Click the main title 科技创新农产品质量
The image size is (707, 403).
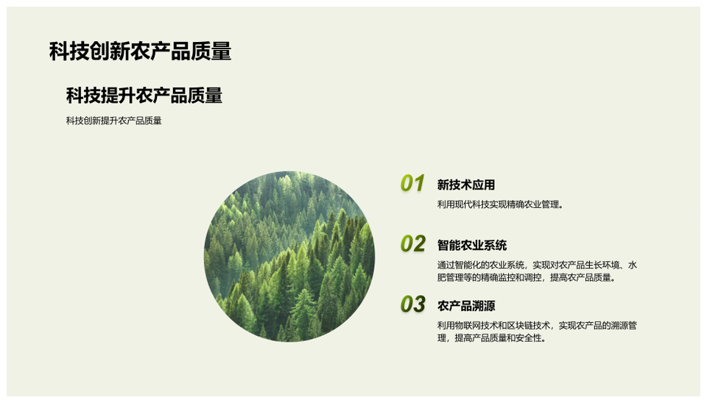point(140,51)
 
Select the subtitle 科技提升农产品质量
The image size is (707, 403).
point(144,96)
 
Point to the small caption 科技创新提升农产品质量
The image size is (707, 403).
point(113,121)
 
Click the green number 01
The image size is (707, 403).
point(412,184)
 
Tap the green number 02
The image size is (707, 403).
point(412,244)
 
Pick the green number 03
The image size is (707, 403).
point(412,304)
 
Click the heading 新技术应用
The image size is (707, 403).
point(465,185)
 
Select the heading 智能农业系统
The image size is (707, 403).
point(471,246)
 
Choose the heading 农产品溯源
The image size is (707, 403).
point(465,305)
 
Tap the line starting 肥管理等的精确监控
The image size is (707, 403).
point(526,278)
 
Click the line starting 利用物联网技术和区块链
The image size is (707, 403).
point(537,325)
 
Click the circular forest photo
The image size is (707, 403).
point(289,256)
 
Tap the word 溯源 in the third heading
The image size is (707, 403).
point(483,305)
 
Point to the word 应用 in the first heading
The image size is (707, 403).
point(483,185)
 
